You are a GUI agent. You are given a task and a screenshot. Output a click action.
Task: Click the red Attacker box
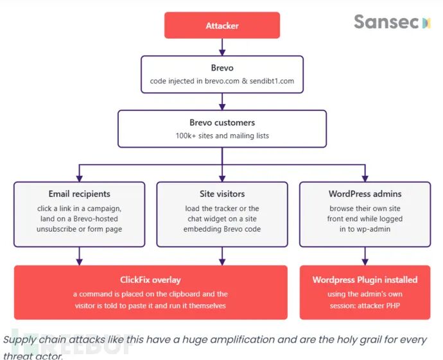click(222, 25)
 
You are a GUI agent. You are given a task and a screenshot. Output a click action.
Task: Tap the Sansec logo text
click(386, 22)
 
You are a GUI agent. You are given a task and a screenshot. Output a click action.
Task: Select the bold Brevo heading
click(222, 68)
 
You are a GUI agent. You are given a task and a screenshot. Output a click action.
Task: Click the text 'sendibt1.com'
click(272, 81)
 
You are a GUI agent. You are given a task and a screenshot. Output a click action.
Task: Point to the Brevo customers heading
click(222, 123)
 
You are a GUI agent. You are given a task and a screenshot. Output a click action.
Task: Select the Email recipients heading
click(80, 194)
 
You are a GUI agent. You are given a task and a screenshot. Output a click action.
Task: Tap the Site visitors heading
click(222, 194)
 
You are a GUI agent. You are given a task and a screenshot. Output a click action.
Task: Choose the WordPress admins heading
click(365, 194)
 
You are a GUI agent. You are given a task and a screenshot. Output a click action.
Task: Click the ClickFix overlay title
click(150, 280)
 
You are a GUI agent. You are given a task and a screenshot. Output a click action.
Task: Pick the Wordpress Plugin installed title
click(365, 280)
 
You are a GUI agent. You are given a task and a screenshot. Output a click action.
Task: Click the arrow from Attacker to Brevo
click(222, 47)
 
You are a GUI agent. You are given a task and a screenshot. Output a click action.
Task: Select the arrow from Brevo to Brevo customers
click(222, 101)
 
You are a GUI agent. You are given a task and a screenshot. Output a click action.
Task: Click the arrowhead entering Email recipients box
click(80, 178)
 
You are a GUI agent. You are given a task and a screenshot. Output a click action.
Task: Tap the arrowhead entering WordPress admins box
click(365, 178)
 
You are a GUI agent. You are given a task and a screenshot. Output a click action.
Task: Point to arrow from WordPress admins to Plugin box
click(365, 256)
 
